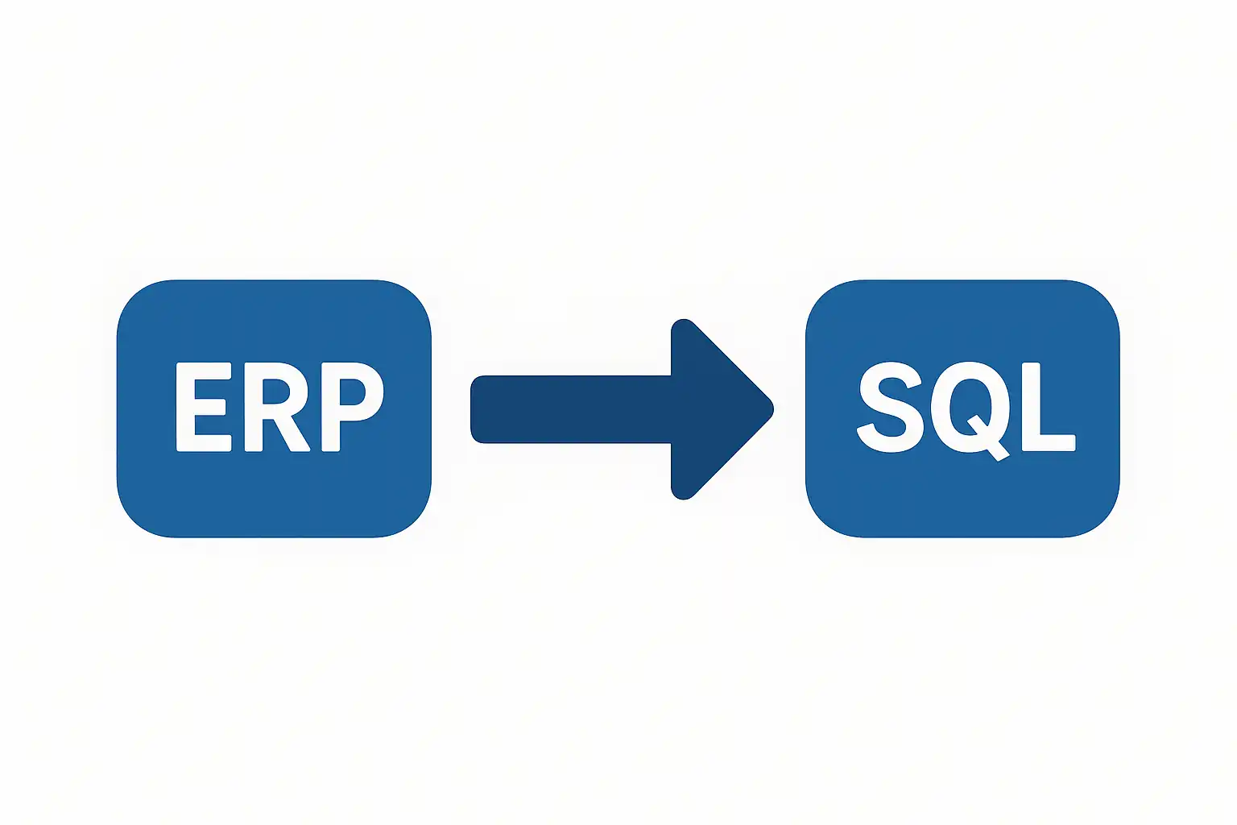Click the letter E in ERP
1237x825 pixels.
pyautogui.click(x=203, y=407)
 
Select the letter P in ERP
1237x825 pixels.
pyautogui.click(x=351, y=407)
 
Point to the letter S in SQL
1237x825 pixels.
pyautogui.click(x=890, y=407)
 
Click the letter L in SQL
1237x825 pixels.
pyautogui.click(x=1048, y=407)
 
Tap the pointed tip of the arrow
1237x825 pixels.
pyautogui.click(x=772, y=409)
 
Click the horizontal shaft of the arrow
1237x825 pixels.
pyautogui.click(x=572, y=409)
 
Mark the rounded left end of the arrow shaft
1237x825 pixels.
pyautogui.click(x=474, y=409)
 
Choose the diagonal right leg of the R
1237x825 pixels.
pyautogui.click(x=292, y=433)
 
